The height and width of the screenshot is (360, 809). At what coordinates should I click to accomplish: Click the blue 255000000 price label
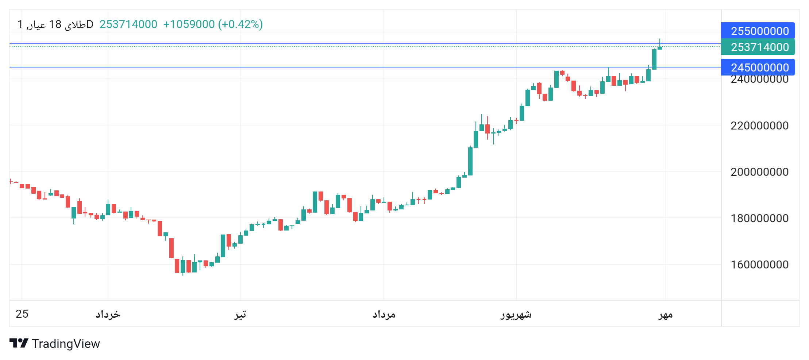[x=758, y=31]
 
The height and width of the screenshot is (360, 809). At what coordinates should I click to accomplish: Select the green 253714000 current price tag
[x=758, y=47]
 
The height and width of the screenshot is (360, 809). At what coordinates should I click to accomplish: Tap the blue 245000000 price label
[x=758, y=67]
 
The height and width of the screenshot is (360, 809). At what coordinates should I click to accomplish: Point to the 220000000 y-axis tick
[x=759, y=125]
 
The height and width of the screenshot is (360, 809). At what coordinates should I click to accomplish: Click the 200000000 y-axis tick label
[x=759, y=172]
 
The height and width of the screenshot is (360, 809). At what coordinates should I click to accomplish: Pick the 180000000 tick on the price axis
[x=759, y=218]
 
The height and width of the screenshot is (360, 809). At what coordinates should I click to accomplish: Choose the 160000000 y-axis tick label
[x=759, y=264]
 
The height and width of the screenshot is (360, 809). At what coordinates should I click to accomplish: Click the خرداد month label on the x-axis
[x=108, y=314]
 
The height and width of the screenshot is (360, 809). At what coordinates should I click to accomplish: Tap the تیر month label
[x=240, y=314]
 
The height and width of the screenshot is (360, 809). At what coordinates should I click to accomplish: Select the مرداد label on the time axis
[x=384, y=314]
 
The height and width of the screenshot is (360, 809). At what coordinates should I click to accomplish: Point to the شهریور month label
[x=516, y=314]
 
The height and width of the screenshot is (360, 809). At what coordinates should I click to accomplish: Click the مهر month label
[x=665, y=315]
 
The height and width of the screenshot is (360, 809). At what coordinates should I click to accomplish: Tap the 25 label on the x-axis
[x=22, y=314]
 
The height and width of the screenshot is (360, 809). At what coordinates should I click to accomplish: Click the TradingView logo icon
[x=19, y=343]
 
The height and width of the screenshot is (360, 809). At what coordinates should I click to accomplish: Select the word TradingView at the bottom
[x=66, y=344]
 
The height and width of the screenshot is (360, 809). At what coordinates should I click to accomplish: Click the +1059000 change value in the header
[x=189, y=24]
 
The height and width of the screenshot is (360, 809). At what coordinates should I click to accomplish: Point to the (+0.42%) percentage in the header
[x=240, y=24]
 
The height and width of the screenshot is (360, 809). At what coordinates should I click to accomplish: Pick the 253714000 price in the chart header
[x=128, y=24]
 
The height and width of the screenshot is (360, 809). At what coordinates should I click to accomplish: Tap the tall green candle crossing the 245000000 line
[x=654, y=59]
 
